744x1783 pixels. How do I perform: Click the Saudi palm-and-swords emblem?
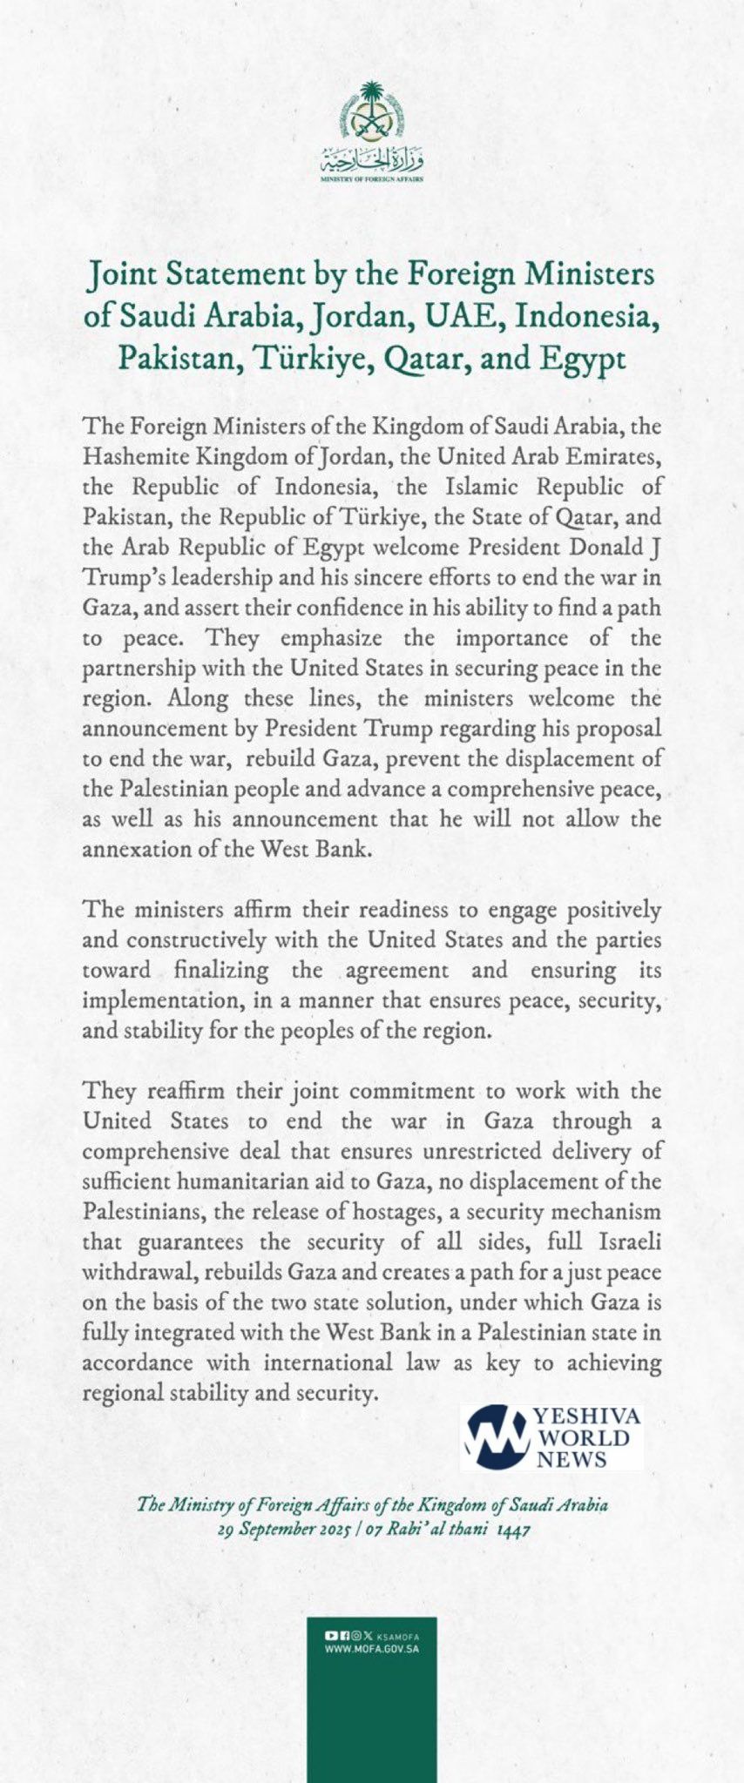click(x=372, y=113)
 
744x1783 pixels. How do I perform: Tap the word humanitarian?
click(x=243, y=1181)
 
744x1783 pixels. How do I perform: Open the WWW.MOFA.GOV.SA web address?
click(x=372, y=1649)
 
